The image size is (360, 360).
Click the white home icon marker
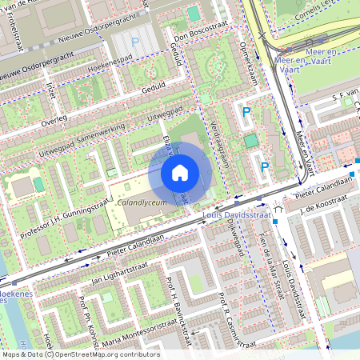[x=179, y=172]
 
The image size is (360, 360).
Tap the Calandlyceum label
[x=141, y=204]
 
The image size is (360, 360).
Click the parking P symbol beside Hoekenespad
[x=135, y=42]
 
